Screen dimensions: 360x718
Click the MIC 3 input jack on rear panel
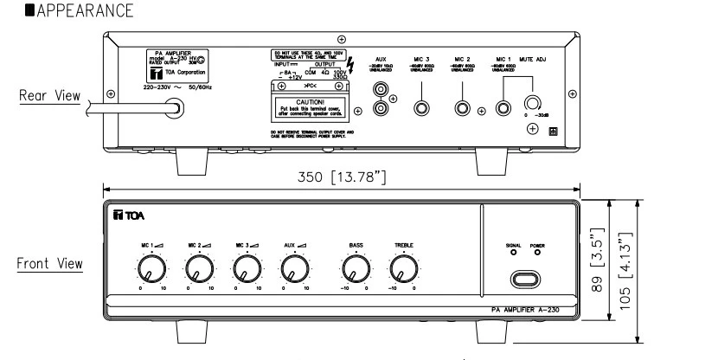422,110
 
